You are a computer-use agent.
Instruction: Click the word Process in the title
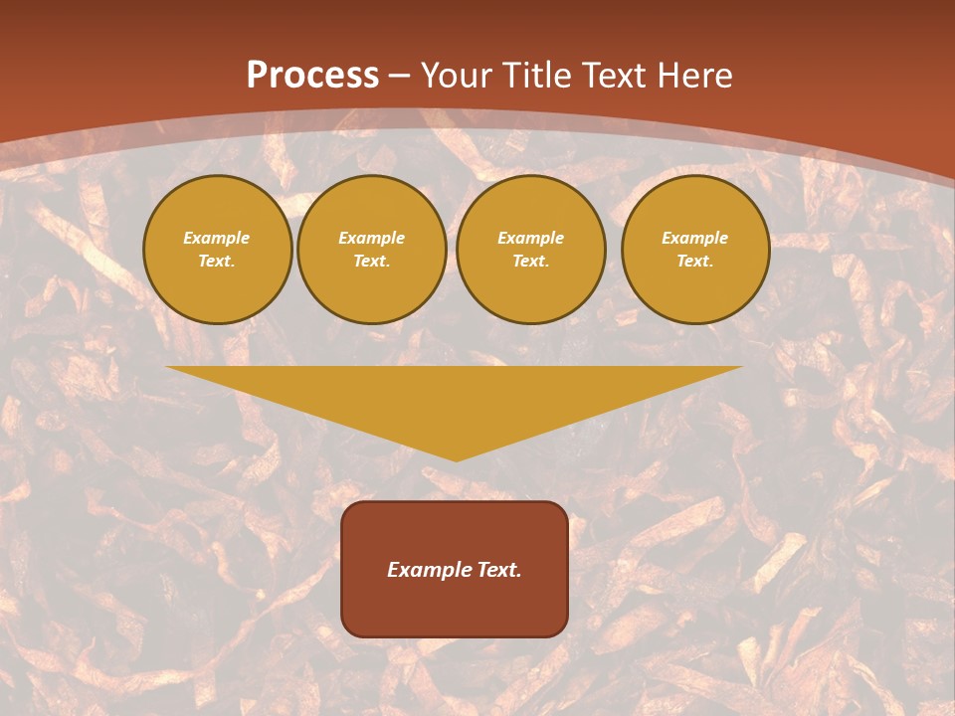coord(312,76)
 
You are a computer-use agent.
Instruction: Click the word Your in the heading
coord(458,76)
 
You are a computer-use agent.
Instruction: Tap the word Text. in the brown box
coord(499,570)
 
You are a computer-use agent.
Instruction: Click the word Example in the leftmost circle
coord(217,238)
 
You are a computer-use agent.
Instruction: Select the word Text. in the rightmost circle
coord(695,261)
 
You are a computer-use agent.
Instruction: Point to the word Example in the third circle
coord(530,238)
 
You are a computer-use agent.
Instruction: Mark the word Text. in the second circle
coord(371,261)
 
